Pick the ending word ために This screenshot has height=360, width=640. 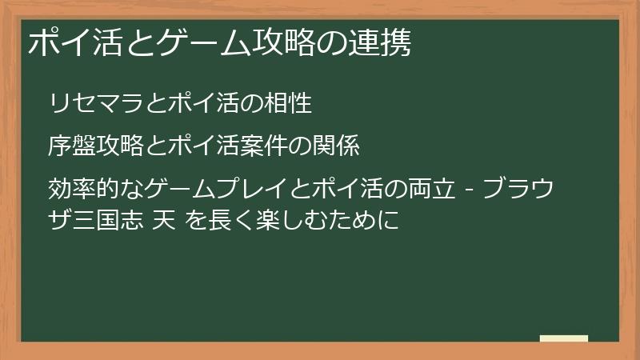click(364, 218)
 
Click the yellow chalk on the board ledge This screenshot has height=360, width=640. click(563, 338)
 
